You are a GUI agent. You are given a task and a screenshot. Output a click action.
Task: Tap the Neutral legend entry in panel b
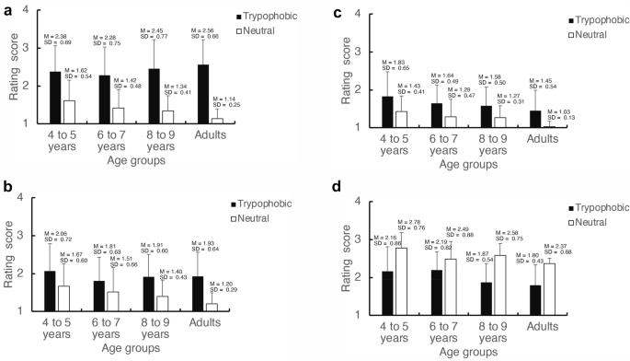(x=267, y=217)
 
